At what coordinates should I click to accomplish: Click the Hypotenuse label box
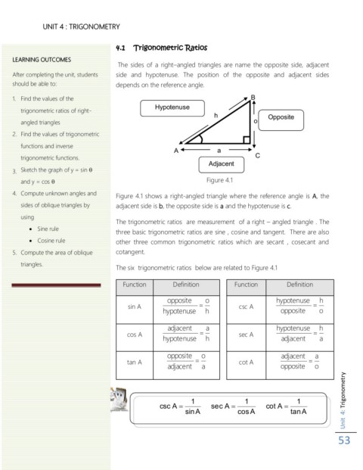(x=172, y=108)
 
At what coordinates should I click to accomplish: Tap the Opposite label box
(x=281, y=120)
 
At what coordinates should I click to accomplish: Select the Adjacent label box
(x=222, y=165)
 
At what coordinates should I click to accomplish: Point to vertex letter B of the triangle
(x=253, y=97)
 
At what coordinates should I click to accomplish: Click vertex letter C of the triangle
(x=258, y=156)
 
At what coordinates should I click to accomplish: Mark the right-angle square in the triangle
(x=247, y=140)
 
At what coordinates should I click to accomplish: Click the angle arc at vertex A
(x=200, y=139)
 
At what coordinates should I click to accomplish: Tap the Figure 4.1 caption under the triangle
(x=219, y=180)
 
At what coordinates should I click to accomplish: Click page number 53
(x=344, y=440)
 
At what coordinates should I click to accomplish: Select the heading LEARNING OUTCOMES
(x=42, y=60)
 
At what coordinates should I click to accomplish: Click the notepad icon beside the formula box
(x=119, y=400)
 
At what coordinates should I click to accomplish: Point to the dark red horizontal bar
(x=56, y=285)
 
